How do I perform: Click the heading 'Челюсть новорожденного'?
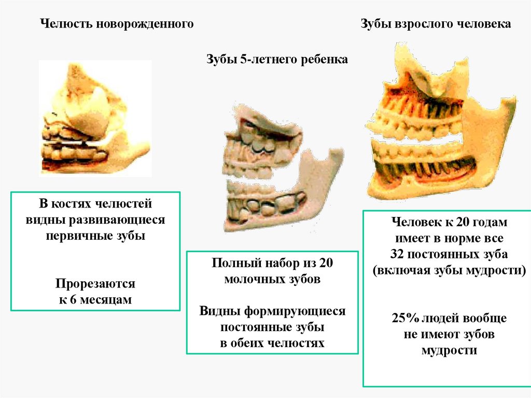[x=117, y=24]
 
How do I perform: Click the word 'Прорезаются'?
[x=95, y=284]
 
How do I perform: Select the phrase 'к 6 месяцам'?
[x=95, y=299]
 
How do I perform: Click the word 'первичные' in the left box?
[x=73, y=235]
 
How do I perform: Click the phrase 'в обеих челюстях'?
[x=272, y=343]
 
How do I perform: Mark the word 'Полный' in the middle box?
[x=233, y=263]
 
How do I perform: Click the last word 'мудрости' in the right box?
[x=449, y=350]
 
